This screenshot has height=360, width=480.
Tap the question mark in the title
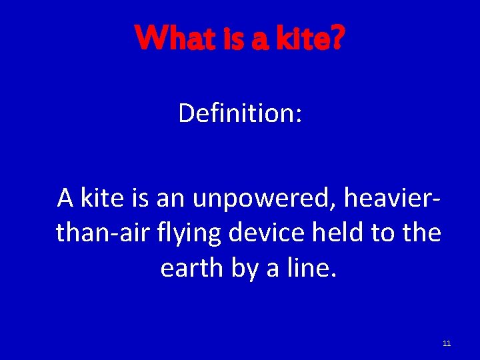[x=337, y=39]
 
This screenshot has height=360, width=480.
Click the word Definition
[x=237, y=113]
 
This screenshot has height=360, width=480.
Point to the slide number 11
[x=447, y=343]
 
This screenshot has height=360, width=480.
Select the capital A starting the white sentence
[x=65, y=199]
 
